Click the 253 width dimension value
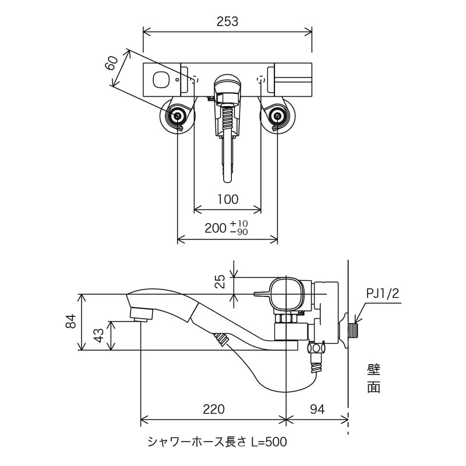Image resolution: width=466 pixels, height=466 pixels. [227, 22]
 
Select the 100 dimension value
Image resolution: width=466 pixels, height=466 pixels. [227, 199]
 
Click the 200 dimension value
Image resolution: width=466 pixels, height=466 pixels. [215, 228]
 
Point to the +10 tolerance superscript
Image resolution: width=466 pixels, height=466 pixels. [239, 224]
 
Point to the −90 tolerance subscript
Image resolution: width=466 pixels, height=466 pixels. [239, 232]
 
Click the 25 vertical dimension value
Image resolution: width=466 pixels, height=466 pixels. [220, 282]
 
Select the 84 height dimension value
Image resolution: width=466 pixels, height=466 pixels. [71, 322]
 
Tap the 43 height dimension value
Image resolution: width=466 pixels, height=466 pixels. [99, 337]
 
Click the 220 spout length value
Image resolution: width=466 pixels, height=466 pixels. [214, 409]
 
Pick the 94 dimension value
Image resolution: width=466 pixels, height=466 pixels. [317, 409]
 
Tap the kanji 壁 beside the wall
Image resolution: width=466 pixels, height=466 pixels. [373, 370]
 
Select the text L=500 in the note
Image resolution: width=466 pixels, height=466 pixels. [269, 443]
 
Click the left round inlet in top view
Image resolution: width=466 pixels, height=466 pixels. [178, 116]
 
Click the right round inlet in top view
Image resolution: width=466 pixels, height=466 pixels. [277, 116]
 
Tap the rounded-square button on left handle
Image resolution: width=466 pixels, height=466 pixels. [159, 80]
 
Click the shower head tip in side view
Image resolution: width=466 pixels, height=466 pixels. [140, 315]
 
